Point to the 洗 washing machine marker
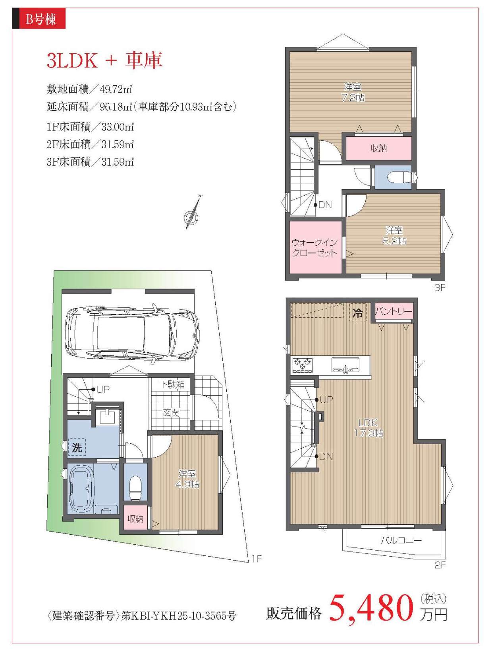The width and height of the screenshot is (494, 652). click(77, 447)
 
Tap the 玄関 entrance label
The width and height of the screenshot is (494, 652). click(171, 412)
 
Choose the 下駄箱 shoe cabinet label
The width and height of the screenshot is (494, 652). click(172, 384)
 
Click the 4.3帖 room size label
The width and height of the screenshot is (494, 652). click(187, 484)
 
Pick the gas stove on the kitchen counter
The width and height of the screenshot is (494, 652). click(303, 365)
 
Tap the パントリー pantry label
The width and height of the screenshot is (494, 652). click(394, 311)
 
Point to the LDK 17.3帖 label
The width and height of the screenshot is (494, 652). click(368, 427)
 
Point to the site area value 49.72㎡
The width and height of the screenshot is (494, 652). click(116, 89)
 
